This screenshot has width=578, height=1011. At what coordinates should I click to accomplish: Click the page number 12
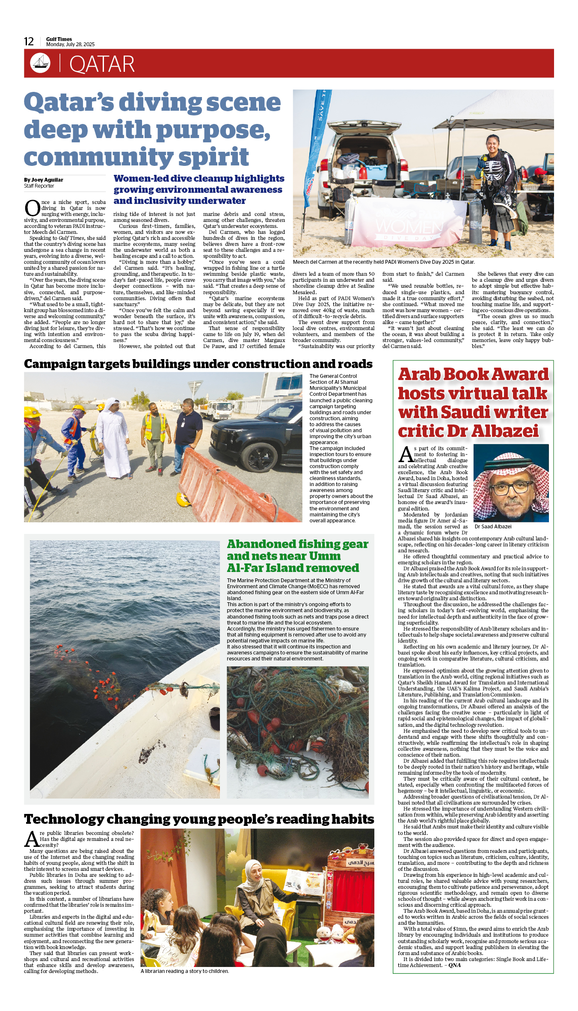click(29, 41)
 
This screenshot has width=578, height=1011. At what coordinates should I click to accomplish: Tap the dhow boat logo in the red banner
click(40, 63)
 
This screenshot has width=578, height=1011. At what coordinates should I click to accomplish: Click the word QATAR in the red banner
click(102, 64)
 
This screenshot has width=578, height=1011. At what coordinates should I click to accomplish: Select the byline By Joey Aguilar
click(44, 180)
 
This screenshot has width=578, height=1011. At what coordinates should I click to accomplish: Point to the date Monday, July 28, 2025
click(71, 44)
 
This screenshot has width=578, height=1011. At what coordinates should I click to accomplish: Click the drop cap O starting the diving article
click(32, 208)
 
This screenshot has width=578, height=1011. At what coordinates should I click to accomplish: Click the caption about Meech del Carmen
click(384, 262)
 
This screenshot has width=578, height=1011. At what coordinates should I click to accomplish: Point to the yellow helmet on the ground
click(184, 499)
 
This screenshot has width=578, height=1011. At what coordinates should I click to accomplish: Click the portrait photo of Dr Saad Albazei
click(511, 483)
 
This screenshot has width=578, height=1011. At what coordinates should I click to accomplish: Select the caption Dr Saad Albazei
click(493, 527)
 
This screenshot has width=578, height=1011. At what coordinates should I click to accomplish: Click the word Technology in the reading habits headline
click(64, 819)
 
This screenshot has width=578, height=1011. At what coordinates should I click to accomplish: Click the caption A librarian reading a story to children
click(185, 971)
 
